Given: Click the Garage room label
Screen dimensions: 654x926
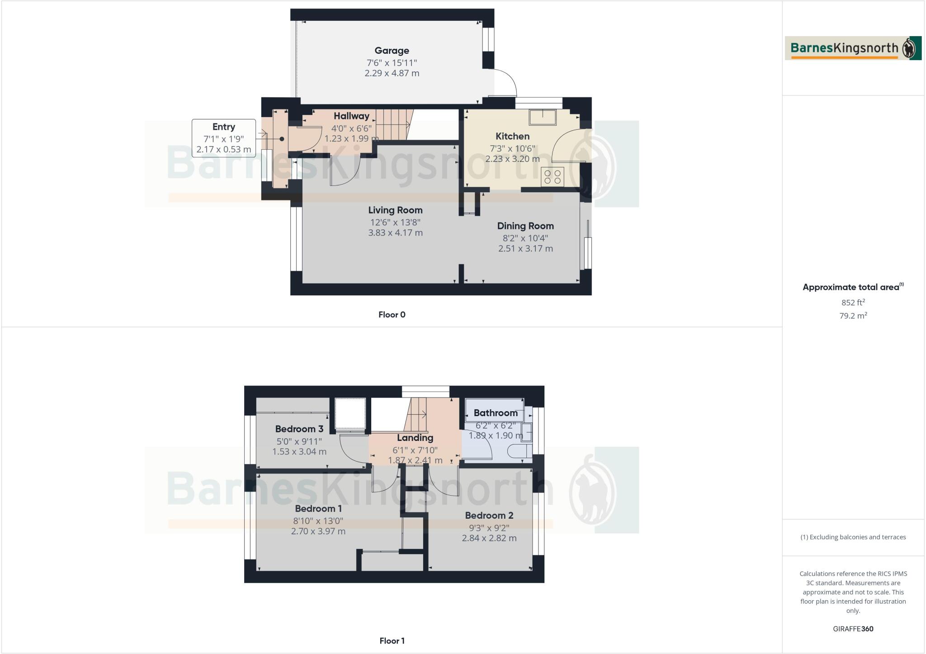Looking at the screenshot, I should tap(392, 51).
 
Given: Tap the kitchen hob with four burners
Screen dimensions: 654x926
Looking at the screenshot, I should tap(553, 176).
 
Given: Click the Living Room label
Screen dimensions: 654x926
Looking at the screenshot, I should tap(395, 210).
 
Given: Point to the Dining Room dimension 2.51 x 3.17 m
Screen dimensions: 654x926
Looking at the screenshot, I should tap(525, 248).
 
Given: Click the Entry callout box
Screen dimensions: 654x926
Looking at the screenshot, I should tap(224, 138).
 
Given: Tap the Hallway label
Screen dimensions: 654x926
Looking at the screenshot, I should tap(351, 116).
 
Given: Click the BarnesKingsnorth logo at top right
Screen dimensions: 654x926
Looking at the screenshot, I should tap(853, 48).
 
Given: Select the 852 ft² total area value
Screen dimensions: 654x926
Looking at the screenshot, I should tap(853, 303).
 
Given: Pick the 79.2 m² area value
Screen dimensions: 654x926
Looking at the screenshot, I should tap(853, 316).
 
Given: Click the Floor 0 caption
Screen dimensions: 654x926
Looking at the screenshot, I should tap(392, 315).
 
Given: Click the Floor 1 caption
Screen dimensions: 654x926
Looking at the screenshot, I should tap(392, 641).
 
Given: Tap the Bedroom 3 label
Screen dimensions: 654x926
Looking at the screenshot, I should tap(299, 429).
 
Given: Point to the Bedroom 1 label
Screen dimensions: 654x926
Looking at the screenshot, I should tap(318, 509).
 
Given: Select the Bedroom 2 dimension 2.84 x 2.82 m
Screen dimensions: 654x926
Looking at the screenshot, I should tap(489, 538).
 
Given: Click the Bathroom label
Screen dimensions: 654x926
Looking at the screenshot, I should tap(496, 413).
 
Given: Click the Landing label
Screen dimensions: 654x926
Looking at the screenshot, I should tap(415, 438).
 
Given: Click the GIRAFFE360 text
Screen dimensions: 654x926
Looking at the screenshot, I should tap(853, 629).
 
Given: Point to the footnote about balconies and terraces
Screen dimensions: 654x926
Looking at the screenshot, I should tap(853, 537).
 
